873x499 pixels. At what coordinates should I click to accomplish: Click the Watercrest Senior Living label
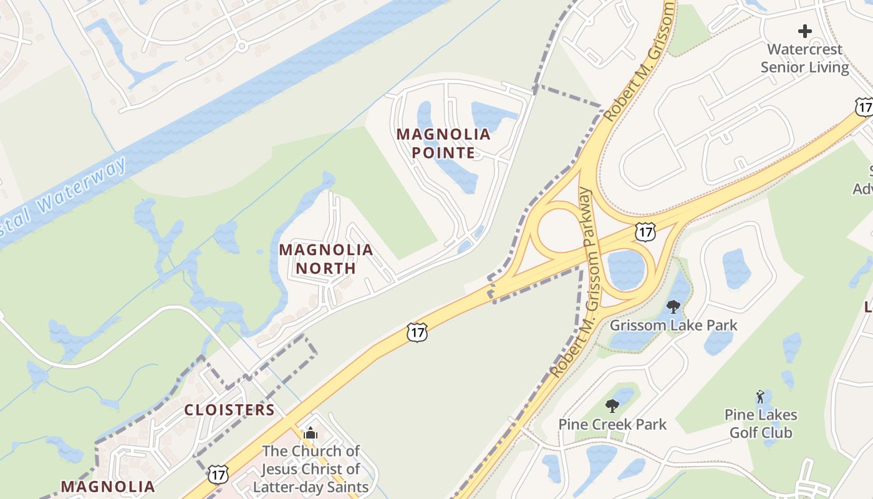pyautogui.click(x=805, y=58)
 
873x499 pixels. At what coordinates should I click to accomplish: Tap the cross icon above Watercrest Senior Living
pyautogui.click(x=805, y=30)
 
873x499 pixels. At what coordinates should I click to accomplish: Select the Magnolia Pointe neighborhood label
pyautogui.click(x=443, y=143)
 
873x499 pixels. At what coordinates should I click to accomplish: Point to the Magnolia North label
pyautogui.click(x=326, y=259)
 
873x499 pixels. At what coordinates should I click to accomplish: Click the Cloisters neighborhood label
pyautogui.click(x=229, y=410)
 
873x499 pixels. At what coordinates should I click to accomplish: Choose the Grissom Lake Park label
pyautogui.click(x=673, y=325)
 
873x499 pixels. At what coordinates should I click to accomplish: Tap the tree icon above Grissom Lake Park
pyautogui.click(x=673, y=306)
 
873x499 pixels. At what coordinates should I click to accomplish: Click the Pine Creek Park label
pyautogui.click(x=612, y=425)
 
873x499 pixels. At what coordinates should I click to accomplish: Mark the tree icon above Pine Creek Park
pyautogui.click(x=612, y=406)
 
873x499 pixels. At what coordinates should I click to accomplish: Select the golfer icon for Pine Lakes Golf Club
pyautogui.click(x=760, y=396)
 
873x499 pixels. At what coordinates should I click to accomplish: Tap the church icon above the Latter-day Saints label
pyautogui.click(x=311, y=433)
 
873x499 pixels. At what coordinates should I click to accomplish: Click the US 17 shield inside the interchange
pyautogui.click(x=645, y=231)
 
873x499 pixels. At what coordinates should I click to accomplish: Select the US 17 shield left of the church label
pyautogui.click(x=217, y=474)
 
